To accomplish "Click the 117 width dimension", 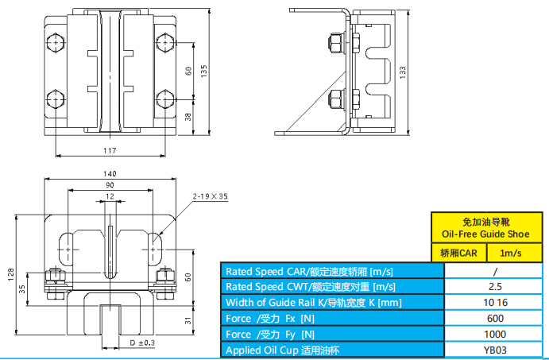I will point(110,150).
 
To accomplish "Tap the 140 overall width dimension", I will point(110,174).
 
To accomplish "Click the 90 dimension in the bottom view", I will point(110,185).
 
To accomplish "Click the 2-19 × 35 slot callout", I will point(210,195).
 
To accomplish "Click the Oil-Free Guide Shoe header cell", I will point(484,228).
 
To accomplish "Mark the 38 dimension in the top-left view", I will point(189,116).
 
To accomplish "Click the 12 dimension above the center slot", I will point(110,195).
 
